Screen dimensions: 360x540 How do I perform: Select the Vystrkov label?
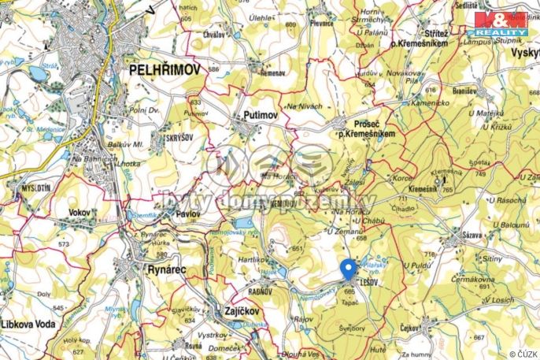point(213,335)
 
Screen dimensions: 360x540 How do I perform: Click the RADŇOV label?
point(241,288)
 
